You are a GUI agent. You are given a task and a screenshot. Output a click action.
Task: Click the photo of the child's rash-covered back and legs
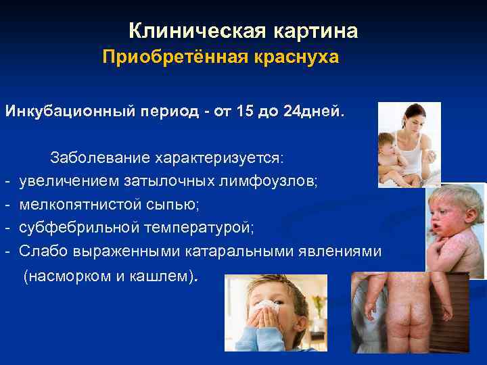[x=409, y=312]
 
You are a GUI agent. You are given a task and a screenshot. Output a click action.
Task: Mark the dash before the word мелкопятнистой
[x=6, y=204]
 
